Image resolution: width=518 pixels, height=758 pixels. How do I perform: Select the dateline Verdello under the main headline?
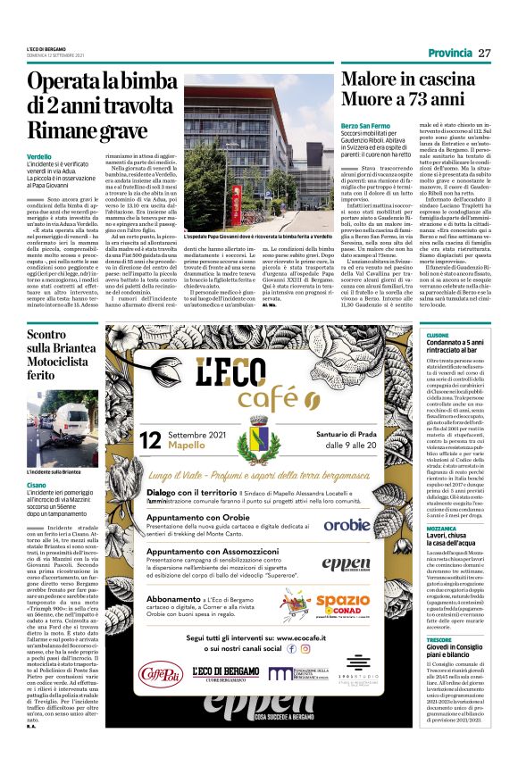40,156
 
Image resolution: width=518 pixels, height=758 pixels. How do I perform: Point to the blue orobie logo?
370,525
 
